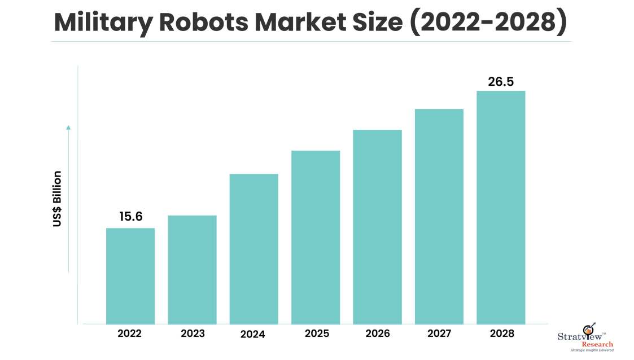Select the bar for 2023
pos(192,269)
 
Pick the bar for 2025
pos(316,237)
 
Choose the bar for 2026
pos(377,226)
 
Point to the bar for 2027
pos(439,216)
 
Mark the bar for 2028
pos(501,207)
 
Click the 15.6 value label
pos(130,217)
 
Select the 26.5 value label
pos(501,81)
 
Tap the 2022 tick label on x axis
pos(129,333)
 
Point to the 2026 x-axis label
pos(377,333)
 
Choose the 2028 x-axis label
pos(502,333)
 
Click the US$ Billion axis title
pos(57,199)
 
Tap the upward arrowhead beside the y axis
pos(68,128)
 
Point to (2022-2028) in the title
pos(489,22)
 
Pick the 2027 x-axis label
pos(439,333)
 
